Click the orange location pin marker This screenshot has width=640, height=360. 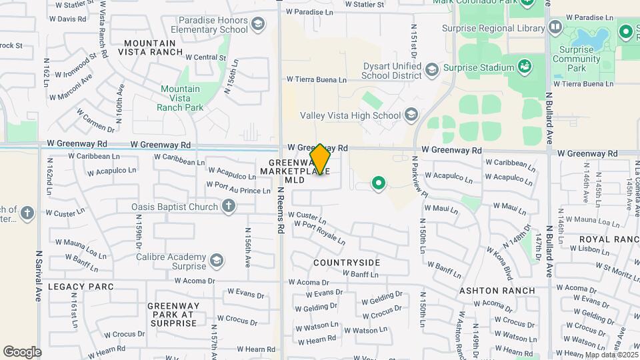(321, 159)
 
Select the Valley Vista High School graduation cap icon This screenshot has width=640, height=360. (411, 115)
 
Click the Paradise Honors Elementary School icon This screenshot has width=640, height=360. (257, 25)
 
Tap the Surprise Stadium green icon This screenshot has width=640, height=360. (525, 66)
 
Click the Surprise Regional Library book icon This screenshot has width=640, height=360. (555, 27)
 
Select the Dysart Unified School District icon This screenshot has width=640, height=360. (432, 70)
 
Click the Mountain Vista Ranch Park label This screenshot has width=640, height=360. (180, 98)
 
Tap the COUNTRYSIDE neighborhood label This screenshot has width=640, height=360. (346, 263)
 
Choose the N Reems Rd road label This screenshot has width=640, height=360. (281, 209)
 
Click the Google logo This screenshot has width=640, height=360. (22, 351)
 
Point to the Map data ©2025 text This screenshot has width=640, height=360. (611, 355)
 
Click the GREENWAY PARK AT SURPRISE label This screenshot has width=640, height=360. (173, 314)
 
